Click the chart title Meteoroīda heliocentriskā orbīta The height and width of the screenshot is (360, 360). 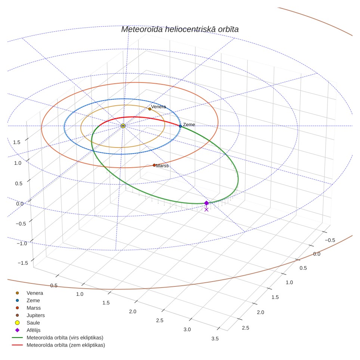pos(180,30)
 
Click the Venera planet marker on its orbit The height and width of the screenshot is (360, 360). pos(150,109)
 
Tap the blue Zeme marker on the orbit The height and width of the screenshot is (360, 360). pos(180,126)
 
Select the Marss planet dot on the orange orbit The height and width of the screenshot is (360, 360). pos(154,165)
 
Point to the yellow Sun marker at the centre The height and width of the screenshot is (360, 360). pos(123,126)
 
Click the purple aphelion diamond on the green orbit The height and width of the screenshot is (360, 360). pos(207,203)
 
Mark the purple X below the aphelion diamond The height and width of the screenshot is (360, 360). pos(207,210)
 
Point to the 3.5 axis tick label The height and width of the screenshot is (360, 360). pos(215,339)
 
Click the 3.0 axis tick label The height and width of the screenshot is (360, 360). pos(187,329)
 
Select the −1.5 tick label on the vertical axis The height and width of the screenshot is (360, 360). pos(23,263)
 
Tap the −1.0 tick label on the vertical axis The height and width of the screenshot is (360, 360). pos(22,243)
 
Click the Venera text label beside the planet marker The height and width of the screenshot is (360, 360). pos(158,107)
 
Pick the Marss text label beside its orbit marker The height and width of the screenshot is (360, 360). pos(162,166)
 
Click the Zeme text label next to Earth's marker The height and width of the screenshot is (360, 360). pos(189,125)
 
